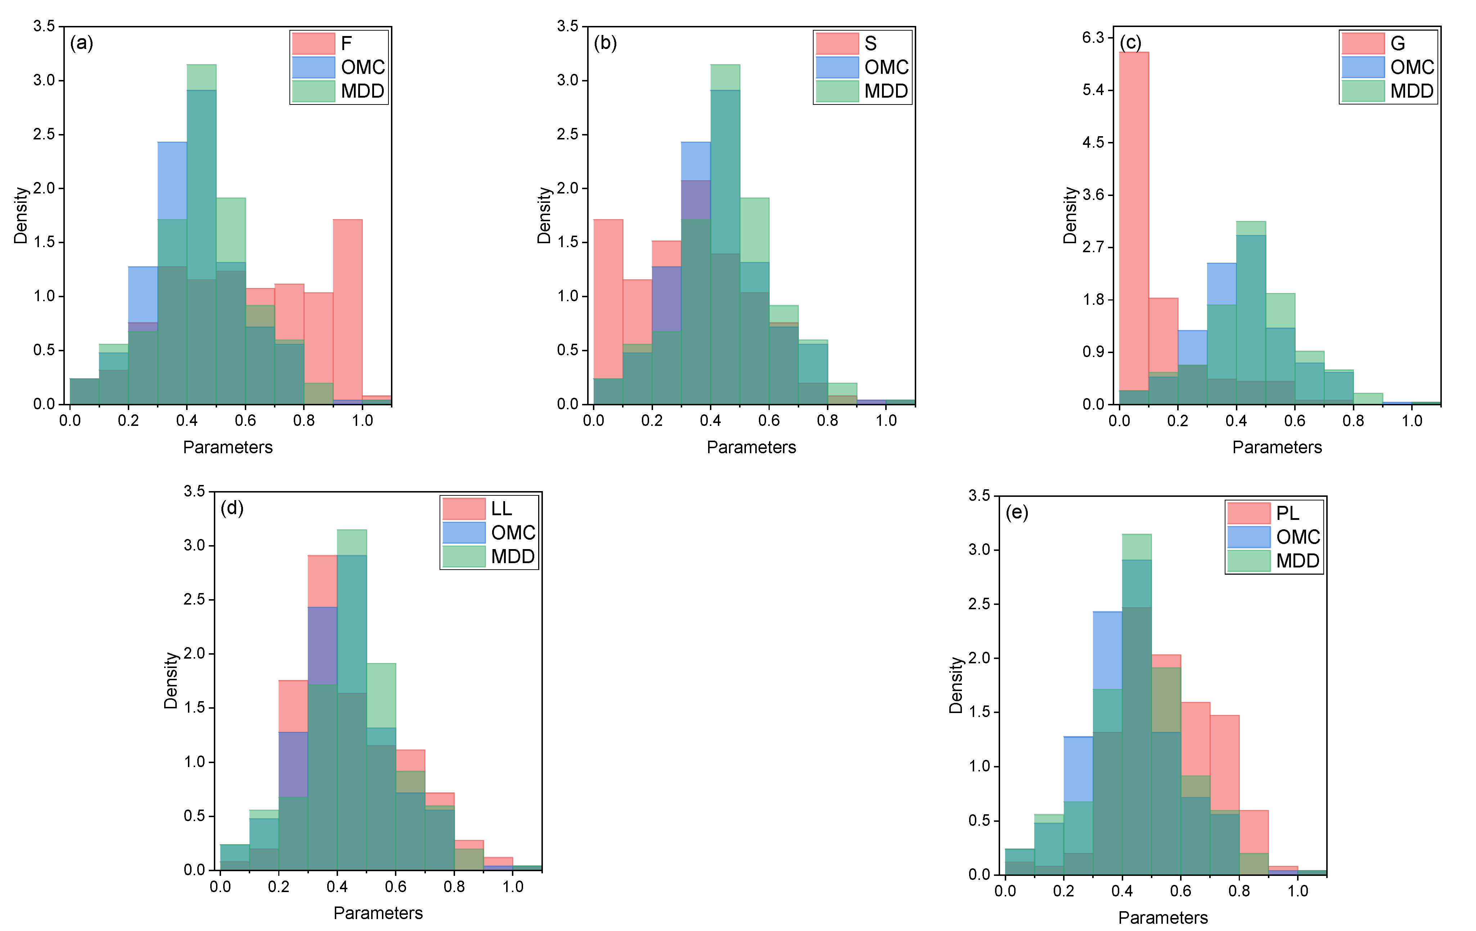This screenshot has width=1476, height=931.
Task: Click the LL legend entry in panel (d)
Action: tap(489, 508)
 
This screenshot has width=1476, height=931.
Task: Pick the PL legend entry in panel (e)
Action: tap(1274, 513)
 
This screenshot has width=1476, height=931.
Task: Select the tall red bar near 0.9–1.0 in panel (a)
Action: tap(347, 307)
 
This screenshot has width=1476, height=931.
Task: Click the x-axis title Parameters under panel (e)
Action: tap(1163, 918)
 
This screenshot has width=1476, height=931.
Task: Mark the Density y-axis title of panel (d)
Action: tap(170, 680)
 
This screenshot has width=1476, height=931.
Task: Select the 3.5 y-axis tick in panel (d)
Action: tap(194, 491)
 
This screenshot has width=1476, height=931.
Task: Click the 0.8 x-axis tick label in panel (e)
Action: tap(1239, 891)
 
